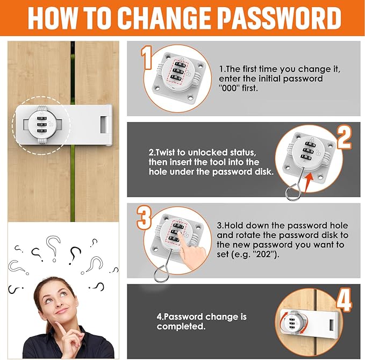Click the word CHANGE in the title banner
(165, 18)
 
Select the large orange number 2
(345, 138)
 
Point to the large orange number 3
(144, 218)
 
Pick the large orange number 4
(344, 300)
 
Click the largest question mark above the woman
(53, 248)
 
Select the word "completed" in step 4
(181, 327)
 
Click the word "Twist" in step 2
(164, 153)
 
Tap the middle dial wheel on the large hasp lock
(42, 125)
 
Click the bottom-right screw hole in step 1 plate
(190, 98)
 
